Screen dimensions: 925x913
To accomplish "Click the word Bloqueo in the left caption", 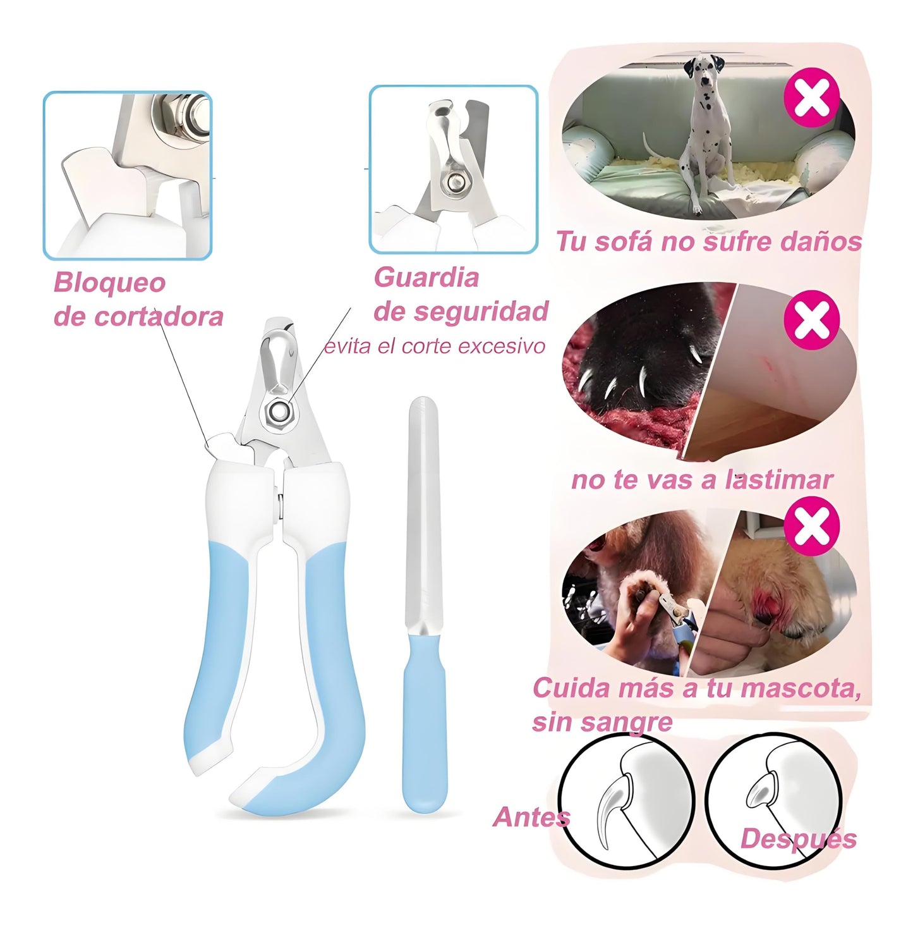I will (109, 283).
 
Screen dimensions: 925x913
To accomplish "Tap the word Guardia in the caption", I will (426, 278).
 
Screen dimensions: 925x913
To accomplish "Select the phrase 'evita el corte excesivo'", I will (434, 346).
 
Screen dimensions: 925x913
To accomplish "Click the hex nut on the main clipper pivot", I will (277, 412).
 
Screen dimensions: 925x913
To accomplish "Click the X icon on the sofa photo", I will (811, 98).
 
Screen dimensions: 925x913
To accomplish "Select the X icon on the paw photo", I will (811, 320).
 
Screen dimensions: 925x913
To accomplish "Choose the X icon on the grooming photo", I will (811, 526).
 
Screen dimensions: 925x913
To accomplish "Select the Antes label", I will (531, 817).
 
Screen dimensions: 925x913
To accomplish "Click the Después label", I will (798, 839).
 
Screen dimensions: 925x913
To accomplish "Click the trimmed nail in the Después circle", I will (761, 790).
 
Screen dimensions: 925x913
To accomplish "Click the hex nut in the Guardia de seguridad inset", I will (453, 183).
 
